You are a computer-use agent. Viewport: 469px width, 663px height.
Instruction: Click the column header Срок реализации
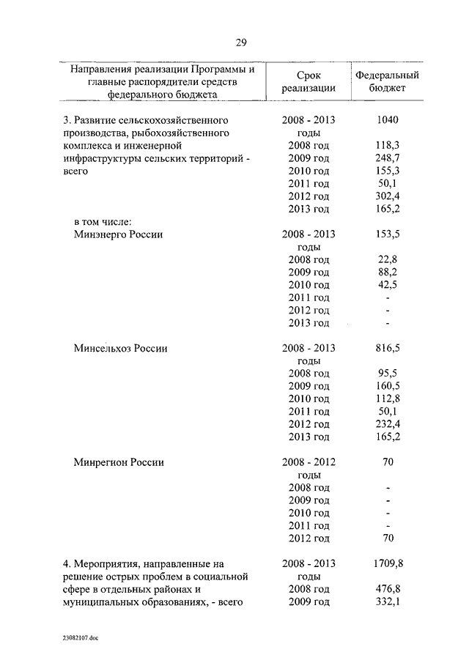(x=308, y=81)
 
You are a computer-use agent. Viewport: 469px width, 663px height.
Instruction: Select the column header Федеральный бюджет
(x=387, y=81)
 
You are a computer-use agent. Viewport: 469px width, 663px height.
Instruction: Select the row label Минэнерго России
(x=118, y=234)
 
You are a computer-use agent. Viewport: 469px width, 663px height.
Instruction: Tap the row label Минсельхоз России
(x=121, y=349)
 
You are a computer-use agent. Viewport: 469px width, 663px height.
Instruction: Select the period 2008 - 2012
(x=309, y=462)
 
